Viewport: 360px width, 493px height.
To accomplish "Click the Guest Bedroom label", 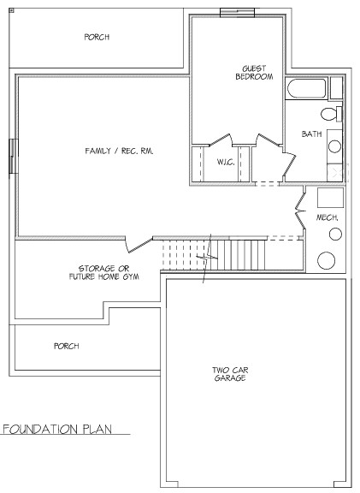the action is tap(254, 73).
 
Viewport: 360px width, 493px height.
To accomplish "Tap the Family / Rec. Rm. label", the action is tap(119, 151).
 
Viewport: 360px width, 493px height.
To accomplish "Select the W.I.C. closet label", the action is tap(226, 162).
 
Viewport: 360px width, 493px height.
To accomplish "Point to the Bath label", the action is tap(311, 134).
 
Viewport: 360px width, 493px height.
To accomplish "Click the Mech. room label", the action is tap(327, 217).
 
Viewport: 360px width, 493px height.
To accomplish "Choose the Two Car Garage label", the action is tap(230, 374).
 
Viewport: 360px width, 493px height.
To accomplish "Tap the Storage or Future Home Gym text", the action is tap(104, 272).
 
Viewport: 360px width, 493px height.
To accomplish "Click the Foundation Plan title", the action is tap(57, 429).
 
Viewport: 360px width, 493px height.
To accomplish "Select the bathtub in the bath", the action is tap(307, 88).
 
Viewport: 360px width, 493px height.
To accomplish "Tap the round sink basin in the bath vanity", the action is tap(334, 146).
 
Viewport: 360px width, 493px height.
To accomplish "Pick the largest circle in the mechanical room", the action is tap(326, 260).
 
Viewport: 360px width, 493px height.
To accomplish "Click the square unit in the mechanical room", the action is tap(330, 198).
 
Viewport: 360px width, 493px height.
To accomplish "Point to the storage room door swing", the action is tap(139, 245).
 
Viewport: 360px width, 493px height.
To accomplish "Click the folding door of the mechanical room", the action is tap(301, 207).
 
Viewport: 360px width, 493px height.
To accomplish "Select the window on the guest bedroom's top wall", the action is tap(237, 13).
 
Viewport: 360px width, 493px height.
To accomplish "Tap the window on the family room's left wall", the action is tap(13, 156).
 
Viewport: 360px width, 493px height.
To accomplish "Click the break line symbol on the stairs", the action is tap(207, 258).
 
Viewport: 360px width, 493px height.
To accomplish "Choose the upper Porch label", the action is tap(97, 37).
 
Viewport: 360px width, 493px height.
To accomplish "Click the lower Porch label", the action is tap(67, 346).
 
